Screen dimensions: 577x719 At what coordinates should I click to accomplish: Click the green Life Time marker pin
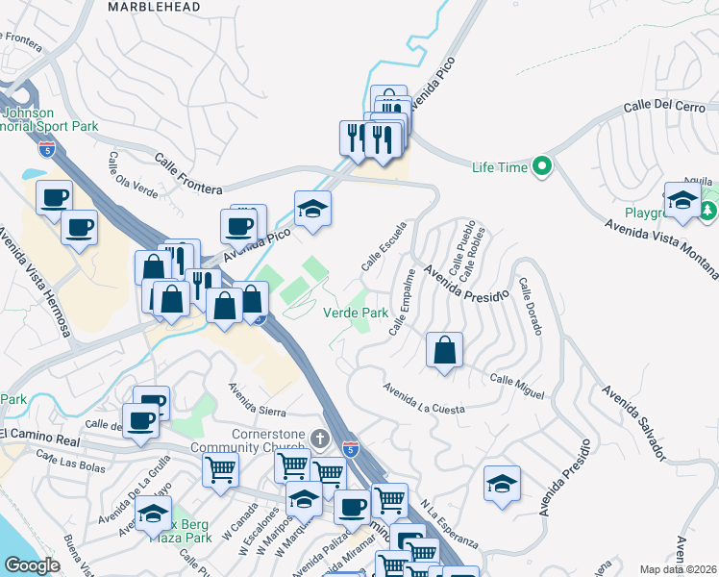point(542,167)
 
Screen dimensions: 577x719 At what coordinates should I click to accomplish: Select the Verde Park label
point(356,313)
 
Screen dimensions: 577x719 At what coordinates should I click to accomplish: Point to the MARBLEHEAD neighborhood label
point(154,7)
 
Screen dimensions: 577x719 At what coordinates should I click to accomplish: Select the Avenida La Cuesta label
point(424,399)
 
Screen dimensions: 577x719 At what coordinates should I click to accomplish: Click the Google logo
point(32,565)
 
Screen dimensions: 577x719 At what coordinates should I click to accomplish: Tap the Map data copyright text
point(679,569)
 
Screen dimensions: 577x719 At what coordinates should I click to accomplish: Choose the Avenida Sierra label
point(258,399)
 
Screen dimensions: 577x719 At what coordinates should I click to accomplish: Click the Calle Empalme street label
point(403,302)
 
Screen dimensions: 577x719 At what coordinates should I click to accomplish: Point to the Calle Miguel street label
point(517,387)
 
